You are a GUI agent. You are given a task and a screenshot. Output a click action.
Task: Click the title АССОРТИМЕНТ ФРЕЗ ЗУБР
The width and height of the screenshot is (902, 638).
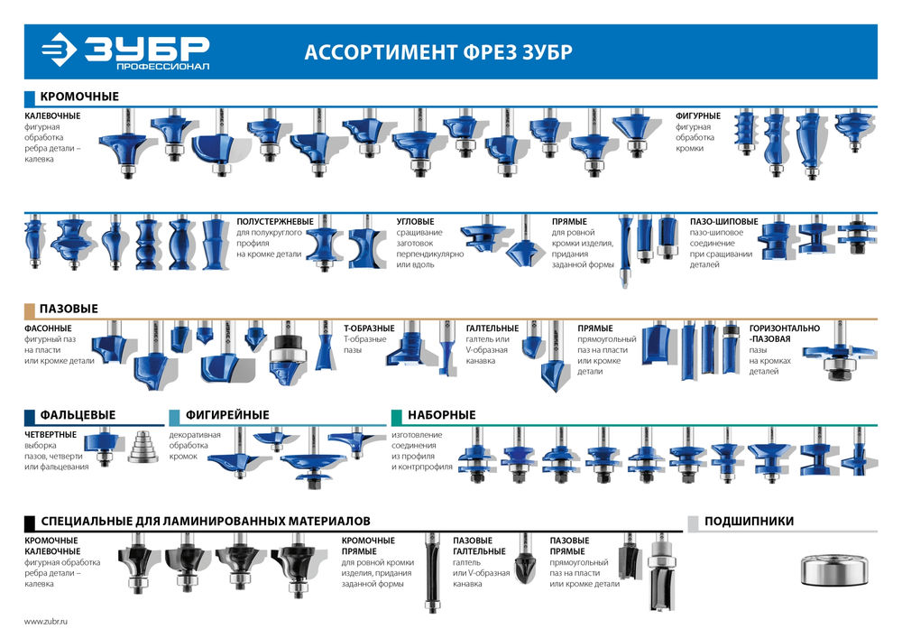(x=437, y=51)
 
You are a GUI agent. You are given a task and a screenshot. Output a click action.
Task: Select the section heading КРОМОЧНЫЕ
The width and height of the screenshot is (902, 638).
(x=79, y=97)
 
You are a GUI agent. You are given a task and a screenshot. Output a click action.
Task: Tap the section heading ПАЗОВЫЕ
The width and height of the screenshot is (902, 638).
(x=69, y=309)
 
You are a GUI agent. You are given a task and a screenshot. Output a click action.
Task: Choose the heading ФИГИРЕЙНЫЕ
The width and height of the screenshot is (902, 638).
(x=227, y=415)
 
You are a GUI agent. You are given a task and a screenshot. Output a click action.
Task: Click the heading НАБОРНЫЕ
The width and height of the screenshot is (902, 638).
(x=441, y=415)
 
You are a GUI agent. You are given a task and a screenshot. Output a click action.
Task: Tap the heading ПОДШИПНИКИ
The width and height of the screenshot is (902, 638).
(x=749, y=521)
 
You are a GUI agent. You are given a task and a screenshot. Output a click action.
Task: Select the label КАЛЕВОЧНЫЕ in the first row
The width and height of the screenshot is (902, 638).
(x=52, y=116)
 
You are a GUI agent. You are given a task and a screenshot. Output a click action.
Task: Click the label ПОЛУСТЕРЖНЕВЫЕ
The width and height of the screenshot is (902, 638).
(x=275, y=221)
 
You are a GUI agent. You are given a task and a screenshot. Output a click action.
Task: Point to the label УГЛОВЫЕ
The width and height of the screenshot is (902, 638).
(x=415, y=221)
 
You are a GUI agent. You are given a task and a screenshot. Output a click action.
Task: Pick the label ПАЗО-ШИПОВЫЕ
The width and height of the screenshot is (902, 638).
(x=724, y=221)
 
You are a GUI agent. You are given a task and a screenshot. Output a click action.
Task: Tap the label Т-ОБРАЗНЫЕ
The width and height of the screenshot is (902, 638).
(x=369, y=328)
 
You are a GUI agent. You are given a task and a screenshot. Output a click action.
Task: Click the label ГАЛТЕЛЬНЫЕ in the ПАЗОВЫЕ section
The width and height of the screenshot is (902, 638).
(x=492, y=328)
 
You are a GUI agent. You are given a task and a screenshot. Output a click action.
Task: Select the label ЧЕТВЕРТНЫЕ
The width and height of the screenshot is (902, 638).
(x=51, y=433)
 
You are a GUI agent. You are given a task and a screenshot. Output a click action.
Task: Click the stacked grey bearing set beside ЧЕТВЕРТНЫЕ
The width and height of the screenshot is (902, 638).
(x=139, y=446)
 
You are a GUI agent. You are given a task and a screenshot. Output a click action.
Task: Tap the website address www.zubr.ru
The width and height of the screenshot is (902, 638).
(x=46, y=622)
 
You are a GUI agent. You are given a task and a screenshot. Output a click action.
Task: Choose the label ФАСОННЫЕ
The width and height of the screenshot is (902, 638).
(x=49, y=328)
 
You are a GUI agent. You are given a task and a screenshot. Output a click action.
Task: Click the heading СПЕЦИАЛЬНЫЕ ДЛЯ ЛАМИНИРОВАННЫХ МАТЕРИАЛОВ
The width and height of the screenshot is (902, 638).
(x=205, y=521)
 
